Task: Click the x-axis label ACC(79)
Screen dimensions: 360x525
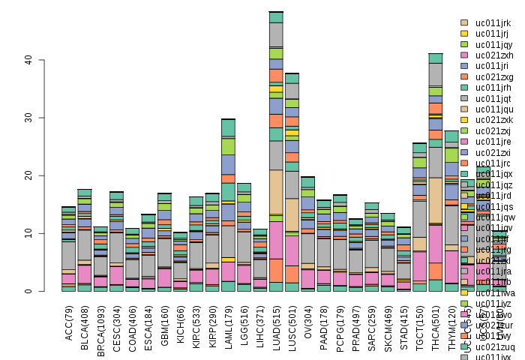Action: tap(68, 322)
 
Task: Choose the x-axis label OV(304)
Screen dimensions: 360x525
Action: tap(307, 322)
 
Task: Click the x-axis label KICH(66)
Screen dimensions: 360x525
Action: tap(180, 322)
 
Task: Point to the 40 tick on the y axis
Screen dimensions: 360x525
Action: tap(27, 60)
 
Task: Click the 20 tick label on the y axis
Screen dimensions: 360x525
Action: tap(27, 175)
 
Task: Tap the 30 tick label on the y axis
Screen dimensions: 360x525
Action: tap(27, 118)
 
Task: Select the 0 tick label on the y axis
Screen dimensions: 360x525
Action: tap(27, 292)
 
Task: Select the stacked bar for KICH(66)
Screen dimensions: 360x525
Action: tap(180, 262)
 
